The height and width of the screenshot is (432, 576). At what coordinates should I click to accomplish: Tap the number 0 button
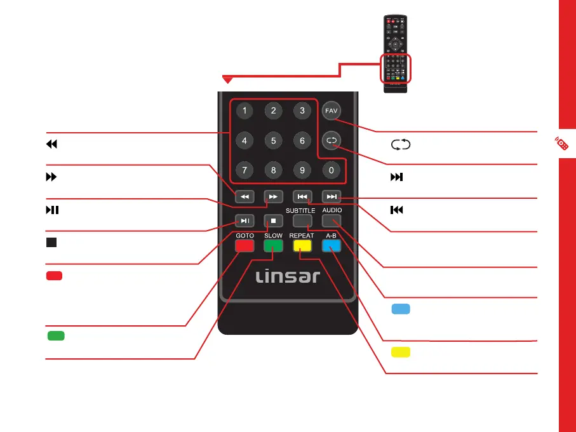(330, 170)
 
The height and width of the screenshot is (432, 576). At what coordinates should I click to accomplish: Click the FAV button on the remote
(330, 111)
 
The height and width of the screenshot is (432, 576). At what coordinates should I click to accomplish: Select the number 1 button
(244, 111)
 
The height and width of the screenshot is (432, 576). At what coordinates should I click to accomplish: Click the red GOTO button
(244, 247)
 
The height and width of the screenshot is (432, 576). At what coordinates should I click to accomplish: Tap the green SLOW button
(273, 247)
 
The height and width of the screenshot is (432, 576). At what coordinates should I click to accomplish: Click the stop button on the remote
(273, 220)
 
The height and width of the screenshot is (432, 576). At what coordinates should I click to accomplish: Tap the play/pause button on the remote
(244, 220)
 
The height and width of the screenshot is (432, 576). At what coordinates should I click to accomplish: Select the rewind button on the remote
(244, 196)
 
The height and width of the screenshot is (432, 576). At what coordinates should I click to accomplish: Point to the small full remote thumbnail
(396, 54)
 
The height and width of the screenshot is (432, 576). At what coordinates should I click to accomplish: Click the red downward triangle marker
(227, 79)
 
